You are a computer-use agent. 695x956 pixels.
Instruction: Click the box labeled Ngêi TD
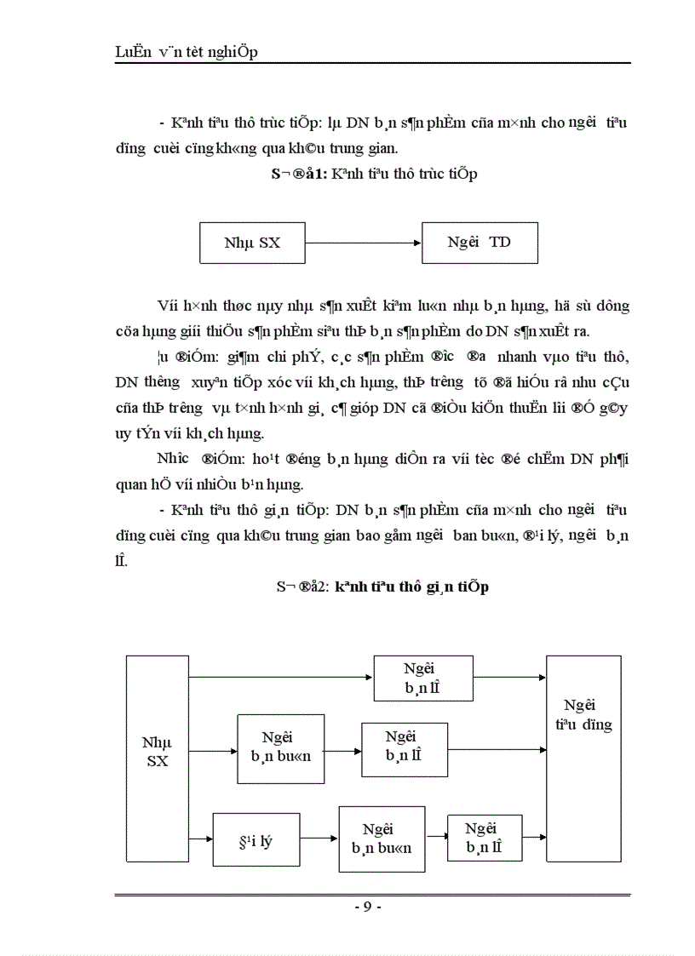point(480,243)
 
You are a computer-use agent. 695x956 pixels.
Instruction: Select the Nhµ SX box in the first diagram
point(252,243)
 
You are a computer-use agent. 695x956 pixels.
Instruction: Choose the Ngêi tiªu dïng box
point(583,758)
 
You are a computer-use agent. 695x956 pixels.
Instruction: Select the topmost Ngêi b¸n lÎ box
point(422,678)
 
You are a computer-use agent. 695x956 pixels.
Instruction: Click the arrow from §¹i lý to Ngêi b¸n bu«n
point(319,838)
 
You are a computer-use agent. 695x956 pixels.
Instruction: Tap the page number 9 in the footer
point(367,907)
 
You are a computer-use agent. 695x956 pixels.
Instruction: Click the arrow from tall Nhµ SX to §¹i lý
point(201,838)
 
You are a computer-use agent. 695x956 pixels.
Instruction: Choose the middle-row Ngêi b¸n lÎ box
point(405,750)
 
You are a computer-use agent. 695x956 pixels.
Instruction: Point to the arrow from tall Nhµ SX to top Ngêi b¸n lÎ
point(281,678)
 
